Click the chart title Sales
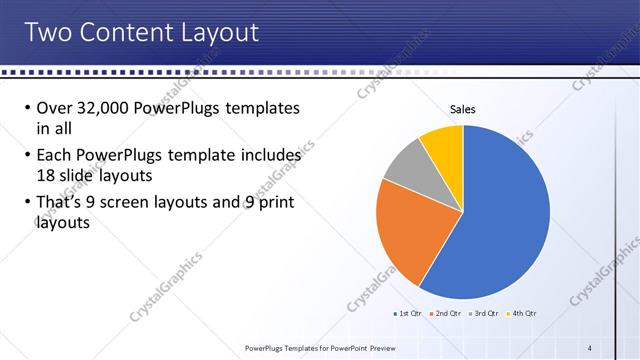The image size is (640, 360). (x=462, y=109)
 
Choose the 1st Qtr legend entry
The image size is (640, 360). (x=409, y=314)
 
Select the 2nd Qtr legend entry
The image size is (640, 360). (x=446, y=314)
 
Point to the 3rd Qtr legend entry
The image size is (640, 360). (x=483, y=314)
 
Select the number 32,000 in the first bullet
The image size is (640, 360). (x=102, y=108)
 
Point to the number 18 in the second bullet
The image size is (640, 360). (x=46, y=174)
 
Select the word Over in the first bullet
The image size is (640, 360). (x=55, y=108)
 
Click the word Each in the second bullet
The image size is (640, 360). (x=53, y=155)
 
